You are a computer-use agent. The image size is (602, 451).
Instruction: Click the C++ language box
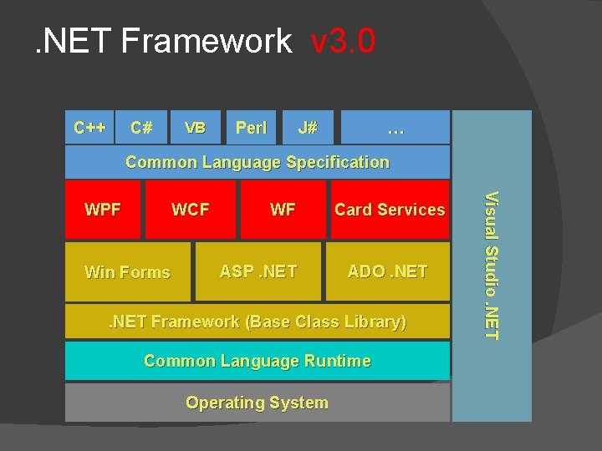(89, 128)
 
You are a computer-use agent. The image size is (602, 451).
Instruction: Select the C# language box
(141, 128)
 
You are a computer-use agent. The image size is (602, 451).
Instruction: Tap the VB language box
(195, 128)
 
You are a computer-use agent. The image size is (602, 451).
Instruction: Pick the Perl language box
(251, 128)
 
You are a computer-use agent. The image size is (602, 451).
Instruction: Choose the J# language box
(307, 128)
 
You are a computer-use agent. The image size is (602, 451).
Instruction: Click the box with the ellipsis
(395, 128)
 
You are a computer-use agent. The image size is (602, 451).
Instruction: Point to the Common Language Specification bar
(258, 162)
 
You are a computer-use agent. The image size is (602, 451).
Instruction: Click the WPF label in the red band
(103, 210)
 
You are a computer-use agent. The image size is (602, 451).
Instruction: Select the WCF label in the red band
(190, 210)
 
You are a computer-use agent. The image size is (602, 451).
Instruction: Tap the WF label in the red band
(283, 210)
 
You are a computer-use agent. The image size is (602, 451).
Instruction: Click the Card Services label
(390, 210)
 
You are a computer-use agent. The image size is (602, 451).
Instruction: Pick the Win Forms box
(128, 271)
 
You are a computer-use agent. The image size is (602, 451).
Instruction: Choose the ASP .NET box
(258, 271)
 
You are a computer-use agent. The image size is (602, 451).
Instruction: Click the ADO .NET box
(387, 271)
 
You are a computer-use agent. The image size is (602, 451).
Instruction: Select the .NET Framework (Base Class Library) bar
(258, 322)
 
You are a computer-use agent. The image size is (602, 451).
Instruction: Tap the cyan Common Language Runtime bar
(258, 361)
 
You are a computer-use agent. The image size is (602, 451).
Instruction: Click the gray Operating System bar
(258, 403)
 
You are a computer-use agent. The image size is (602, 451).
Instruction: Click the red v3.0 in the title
(343, 40)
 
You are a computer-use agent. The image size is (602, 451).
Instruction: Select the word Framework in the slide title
(207, 40)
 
